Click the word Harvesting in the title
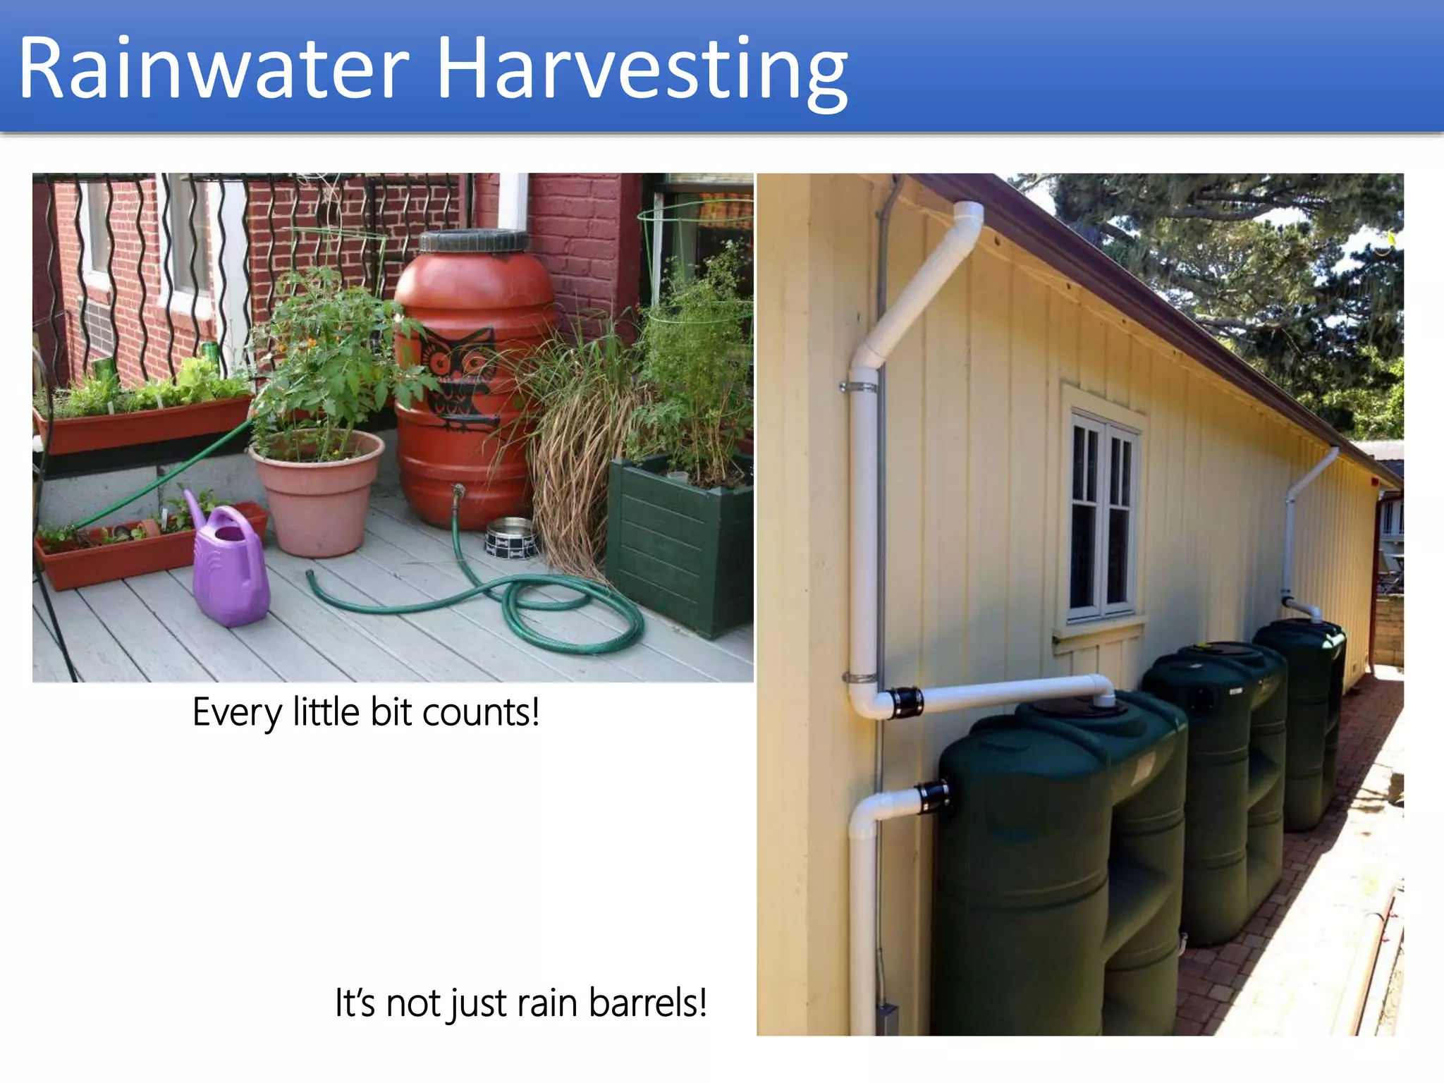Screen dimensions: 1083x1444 (642, 71)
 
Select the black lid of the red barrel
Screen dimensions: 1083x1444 (474, 241)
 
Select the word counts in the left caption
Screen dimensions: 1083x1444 (481, 712)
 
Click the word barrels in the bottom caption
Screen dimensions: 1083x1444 (647, 1003)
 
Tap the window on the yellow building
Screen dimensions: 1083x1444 (1102, 518)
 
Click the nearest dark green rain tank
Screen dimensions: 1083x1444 (1058, 867)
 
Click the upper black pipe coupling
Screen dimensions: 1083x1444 (904, 703)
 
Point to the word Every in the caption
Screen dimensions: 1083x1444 (237, 712)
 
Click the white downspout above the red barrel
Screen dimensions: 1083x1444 (513, 201)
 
